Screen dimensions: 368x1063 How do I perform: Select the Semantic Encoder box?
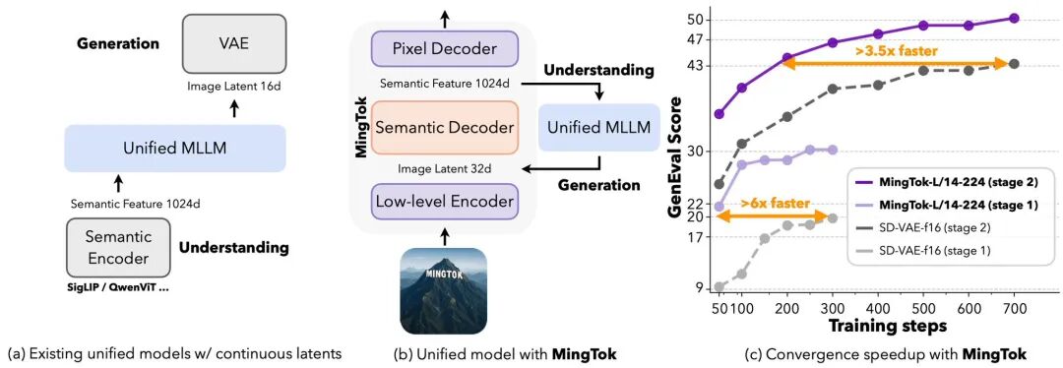tap(117, 247)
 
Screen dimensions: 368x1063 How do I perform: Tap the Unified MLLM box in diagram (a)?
tap(174, 149)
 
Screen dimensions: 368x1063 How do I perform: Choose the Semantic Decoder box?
tap(444, 128)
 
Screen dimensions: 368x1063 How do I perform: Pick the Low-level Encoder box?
tap(444, 202)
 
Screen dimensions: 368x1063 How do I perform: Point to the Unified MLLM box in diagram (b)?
tap(598, 127)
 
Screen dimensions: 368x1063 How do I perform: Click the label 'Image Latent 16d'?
tap(233, 87)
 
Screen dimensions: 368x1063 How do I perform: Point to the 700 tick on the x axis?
tap(1014, 306)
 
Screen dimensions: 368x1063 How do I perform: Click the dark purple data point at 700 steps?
tap(1014, 18)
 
